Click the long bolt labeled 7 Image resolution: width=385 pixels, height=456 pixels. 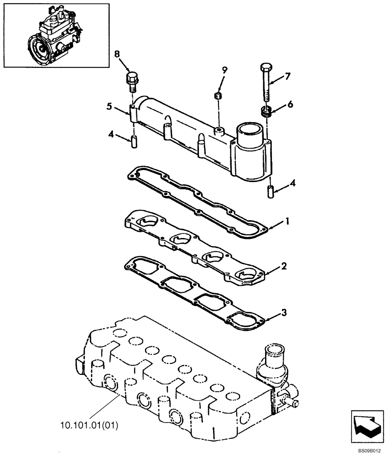coord(266,84)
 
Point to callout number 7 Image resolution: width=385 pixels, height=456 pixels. coord(288,76)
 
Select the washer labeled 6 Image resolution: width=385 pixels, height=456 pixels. coord(266,111)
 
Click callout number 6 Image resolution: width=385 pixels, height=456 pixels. coord(290,104)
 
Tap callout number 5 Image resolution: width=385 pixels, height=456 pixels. coord(109,106)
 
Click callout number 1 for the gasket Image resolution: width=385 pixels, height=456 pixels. coord(287,222)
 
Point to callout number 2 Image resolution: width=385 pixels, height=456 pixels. coord(284,266)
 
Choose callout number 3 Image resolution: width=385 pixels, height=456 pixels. coord(284,312)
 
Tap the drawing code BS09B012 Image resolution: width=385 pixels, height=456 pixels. coord(369,451)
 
